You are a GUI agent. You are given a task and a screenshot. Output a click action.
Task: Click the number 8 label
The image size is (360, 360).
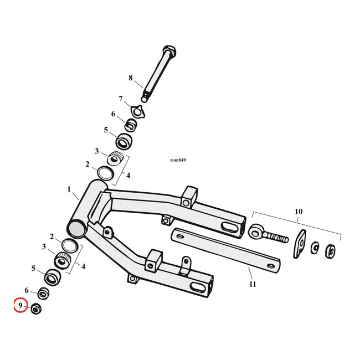(x=131, y=78)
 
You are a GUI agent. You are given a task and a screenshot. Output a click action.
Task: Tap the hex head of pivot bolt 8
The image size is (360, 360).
(x=170, y=53)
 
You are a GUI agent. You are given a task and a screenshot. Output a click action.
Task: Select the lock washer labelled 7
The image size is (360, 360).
(x=135, y=110)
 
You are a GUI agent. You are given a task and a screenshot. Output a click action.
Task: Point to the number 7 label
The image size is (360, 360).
(x=120, y=99)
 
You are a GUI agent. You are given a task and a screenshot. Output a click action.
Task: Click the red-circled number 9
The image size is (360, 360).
(x=20, y=305)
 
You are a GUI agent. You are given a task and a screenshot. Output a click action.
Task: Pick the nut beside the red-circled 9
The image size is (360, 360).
(x=35, y=308)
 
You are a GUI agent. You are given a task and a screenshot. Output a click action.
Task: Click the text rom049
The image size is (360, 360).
(x=178, y=161)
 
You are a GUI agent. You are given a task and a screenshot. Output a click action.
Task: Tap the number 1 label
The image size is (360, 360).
(x=70, y=189)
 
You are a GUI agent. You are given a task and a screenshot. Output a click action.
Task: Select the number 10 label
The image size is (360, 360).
(x=299, y=212)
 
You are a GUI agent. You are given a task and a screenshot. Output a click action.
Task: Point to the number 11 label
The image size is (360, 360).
(x=253, y=284)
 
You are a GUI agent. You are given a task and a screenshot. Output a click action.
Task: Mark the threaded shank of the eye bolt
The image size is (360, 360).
(x=276, y=238)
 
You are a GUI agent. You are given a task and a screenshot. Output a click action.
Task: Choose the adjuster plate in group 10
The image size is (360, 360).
(x=300, y=244)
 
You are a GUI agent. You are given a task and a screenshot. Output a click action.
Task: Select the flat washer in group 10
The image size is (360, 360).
(x=315, y=248)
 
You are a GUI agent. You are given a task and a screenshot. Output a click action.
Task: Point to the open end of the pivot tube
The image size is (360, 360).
(x=76, y=228)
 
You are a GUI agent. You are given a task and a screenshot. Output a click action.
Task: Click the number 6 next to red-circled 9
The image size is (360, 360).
(x=26, y=290)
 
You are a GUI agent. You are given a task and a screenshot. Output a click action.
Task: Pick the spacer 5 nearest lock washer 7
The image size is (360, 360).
(x=124, y=141)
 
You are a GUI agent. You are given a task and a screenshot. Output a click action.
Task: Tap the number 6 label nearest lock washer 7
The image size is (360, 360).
(x=114, y=114)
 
